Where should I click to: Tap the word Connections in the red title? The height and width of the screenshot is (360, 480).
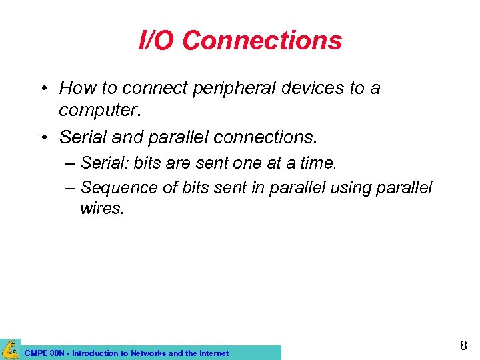(x=262, y=41)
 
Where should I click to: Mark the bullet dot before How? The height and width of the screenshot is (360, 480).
(x=43, y=89)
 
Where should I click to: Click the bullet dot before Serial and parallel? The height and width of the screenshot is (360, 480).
(x=43, y=137)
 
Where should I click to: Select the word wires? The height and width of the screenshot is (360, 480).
(x=101, y=209)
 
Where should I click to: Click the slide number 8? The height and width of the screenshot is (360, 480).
(x=463, y=346)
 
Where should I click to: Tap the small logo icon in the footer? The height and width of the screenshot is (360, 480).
(x=10, y=349)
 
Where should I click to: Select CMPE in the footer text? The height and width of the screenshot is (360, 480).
(x=35, y=353)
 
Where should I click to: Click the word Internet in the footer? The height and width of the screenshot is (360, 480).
(x=213, y=353)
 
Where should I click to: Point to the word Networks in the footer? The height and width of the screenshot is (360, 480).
(x=149, y=353)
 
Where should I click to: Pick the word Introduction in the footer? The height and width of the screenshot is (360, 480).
(x=97, y=353)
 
